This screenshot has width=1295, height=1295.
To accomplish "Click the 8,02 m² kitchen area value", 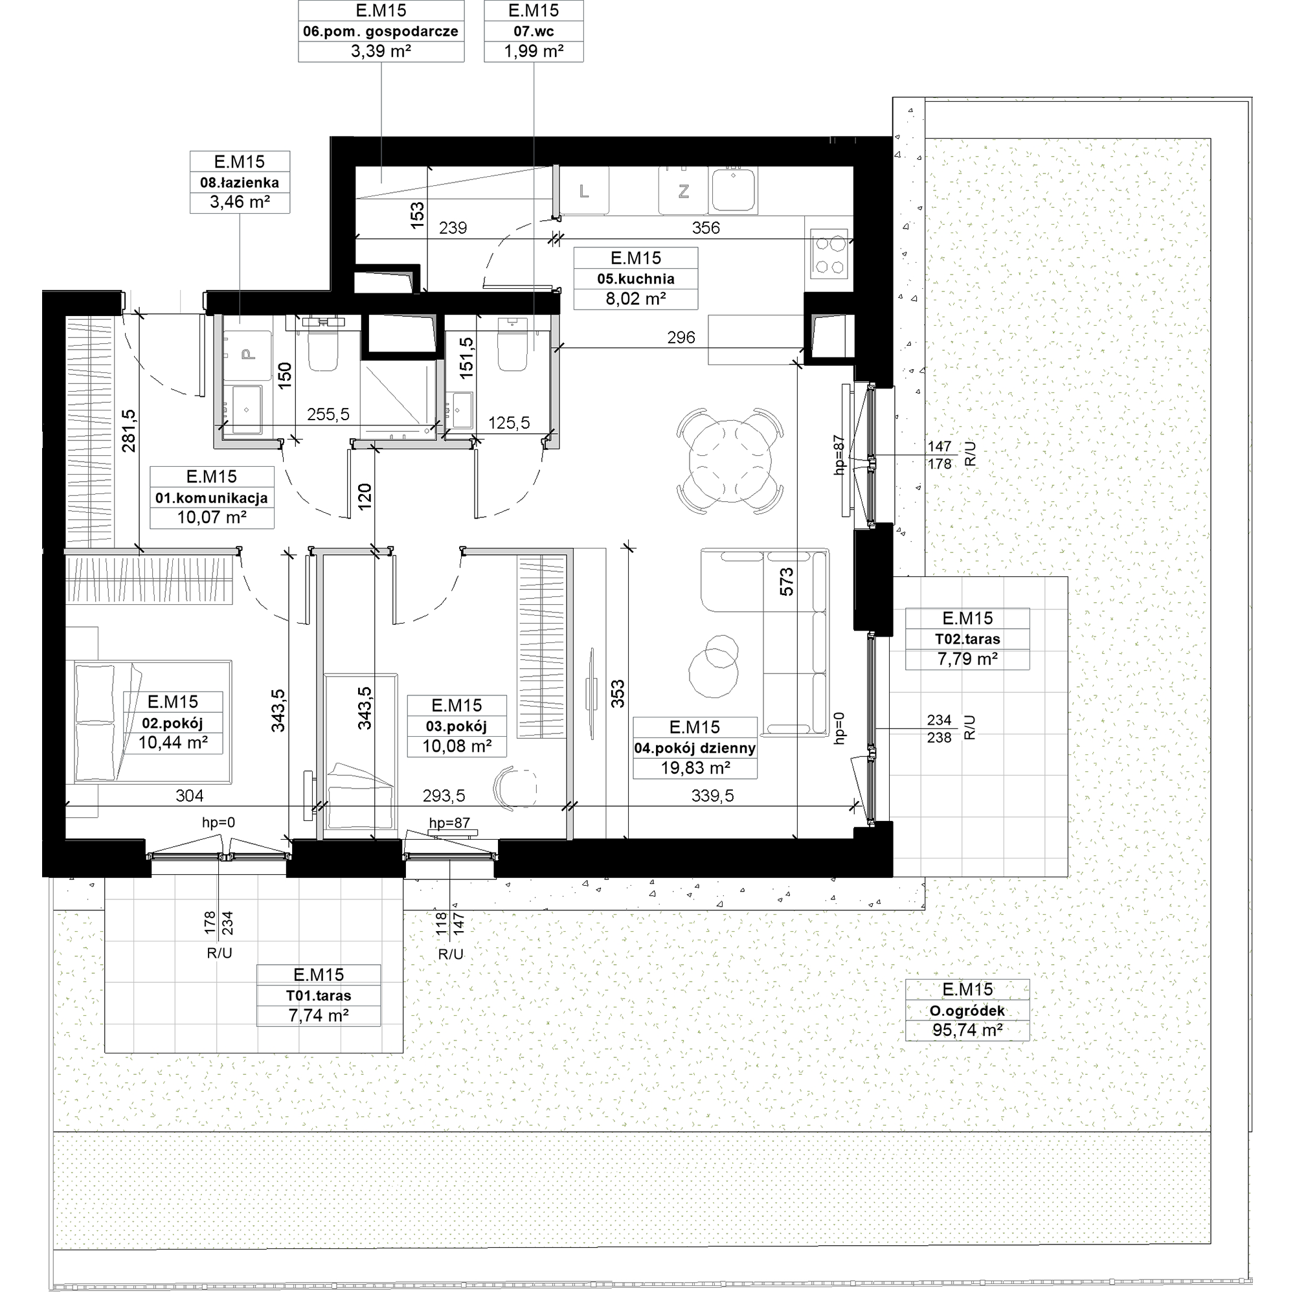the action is click(x=635, y=298).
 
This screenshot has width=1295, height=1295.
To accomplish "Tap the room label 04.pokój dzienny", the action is click(x=695, y=748).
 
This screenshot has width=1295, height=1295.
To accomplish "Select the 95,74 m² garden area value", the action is click(x=967, y=1030).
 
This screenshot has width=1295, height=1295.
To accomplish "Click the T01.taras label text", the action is click(x=319, y=995).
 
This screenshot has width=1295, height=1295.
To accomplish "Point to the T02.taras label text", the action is click(x=967, y=639).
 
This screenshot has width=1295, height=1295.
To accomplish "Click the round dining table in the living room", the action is click(x=730, y=461).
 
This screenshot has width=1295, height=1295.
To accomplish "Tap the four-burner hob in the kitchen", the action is click(x=829, y=254).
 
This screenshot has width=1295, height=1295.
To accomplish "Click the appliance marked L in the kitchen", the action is click(x=584, y=191).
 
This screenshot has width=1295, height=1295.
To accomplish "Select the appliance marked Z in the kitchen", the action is click(x=683, y=191).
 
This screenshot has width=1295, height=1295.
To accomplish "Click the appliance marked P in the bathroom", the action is click(x=248, y=354).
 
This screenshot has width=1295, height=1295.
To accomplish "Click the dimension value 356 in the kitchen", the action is click(x=706, y=228).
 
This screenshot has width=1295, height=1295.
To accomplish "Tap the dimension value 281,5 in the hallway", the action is click(x=128, y=431).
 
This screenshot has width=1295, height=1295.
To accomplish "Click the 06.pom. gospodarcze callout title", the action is click(x=381, y=31).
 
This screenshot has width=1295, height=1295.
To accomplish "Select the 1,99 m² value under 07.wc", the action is click(x=534, y=51).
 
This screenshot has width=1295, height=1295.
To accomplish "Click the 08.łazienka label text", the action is click(x=240, y=183).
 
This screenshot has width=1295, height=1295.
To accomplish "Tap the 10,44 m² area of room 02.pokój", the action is click(x=173, y=742).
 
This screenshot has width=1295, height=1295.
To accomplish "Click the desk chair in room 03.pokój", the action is click(x=515, y=786).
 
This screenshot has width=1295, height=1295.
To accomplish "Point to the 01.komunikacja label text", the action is click(x=212, y=498).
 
